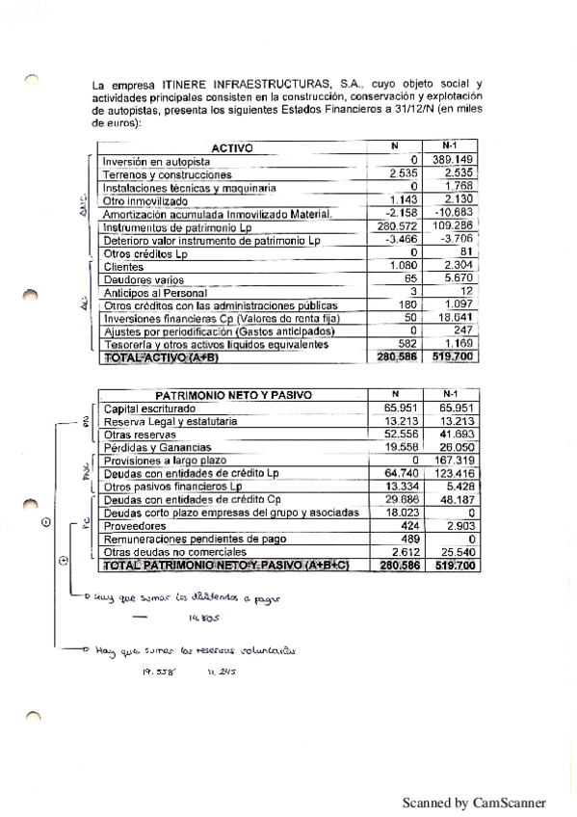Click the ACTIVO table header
point(230,148)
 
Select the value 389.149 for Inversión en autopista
point(451,160)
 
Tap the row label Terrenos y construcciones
point(168,175)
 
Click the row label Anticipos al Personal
point(154,293)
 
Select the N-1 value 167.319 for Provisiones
point(453,461)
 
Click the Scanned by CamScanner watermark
point(474,802)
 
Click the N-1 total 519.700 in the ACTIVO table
point(454,356)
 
